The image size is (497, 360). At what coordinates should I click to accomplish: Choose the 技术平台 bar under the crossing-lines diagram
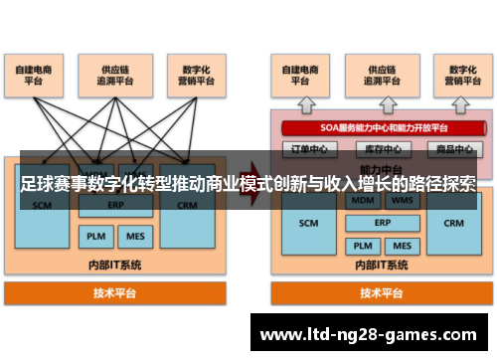116,293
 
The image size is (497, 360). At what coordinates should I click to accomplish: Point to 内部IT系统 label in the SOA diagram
383,267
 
